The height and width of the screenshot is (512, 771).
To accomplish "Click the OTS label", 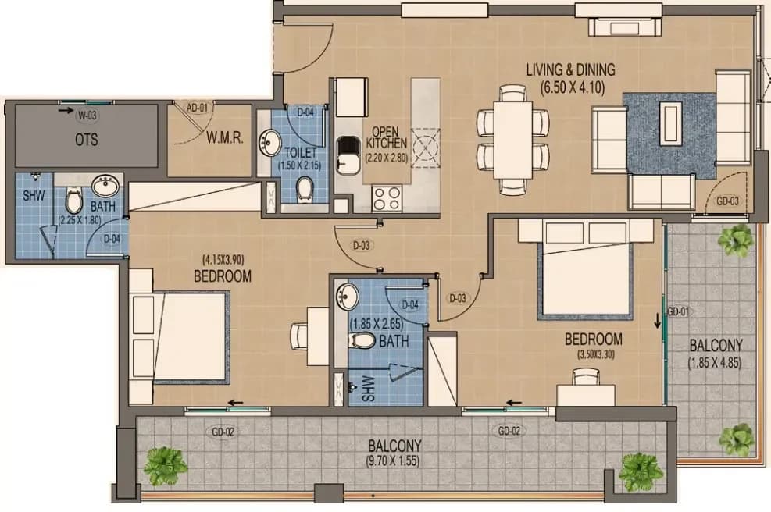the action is tap(86, 140).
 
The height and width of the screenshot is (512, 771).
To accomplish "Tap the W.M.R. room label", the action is tap(224, 138).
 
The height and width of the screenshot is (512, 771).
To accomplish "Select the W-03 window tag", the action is tap(87, 116).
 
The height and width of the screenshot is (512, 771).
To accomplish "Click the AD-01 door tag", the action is tap(197, 107).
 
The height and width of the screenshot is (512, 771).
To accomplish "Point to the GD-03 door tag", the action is tap(727, 201).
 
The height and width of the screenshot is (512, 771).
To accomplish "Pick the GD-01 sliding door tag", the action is tap(678, 311).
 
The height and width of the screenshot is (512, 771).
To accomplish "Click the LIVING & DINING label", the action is tap(571, 69).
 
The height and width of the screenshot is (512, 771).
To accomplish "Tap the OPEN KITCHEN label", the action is tap(387, 137).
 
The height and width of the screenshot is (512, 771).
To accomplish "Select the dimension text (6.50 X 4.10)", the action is tap(573, 87).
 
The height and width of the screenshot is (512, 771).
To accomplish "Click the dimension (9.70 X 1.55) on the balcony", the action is tap(394, 461).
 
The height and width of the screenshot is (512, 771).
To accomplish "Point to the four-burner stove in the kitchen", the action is tap(387, 198).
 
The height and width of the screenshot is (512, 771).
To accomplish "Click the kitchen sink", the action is tap(348, 155).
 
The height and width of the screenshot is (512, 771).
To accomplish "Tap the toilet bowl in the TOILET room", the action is tap(305, 189).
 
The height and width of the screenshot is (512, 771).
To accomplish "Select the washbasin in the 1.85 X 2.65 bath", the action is tap(348, 297).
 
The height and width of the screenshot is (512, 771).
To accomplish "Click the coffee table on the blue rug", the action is tap(671, 123).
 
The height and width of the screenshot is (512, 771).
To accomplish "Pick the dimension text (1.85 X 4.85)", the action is tap(715, 363).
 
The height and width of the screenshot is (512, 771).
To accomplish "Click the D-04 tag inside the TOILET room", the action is tap(305, 112).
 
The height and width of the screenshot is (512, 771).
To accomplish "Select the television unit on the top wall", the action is tap(625, 27).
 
